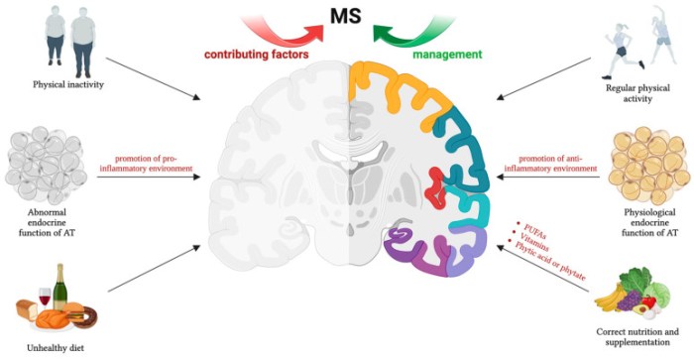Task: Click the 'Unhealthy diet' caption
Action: (57, 346)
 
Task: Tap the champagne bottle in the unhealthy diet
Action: (59, 288)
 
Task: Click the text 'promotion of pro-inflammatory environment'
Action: (155, 163)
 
